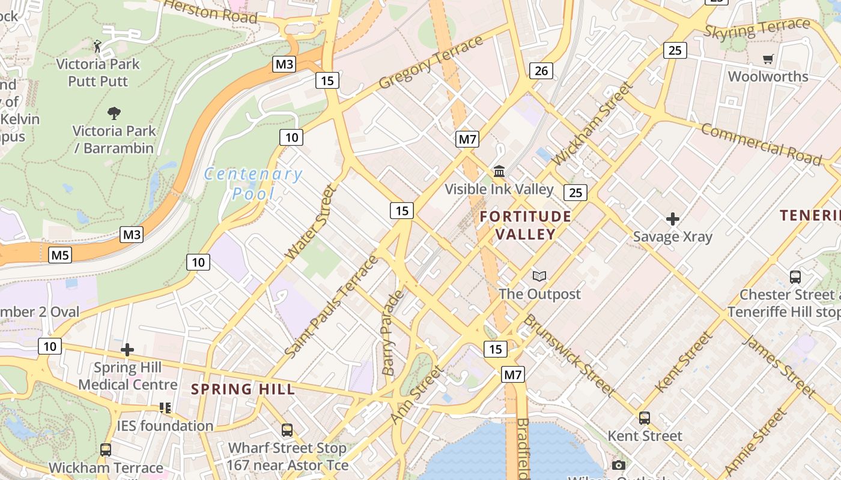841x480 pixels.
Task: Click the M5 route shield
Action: pos(60,255)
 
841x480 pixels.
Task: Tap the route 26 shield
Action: pos(541,71)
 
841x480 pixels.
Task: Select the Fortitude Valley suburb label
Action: pos(526,225)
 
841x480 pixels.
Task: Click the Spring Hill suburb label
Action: pos(243,389)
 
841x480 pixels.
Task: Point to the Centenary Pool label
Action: pos(253,184)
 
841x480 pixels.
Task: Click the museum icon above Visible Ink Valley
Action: pos(499,172)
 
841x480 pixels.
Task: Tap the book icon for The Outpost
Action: pos(539,276)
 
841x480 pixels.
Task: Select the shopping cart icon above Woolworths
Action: pos(768,59)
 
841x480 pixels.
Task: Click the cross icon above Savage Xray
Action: pos(672,219)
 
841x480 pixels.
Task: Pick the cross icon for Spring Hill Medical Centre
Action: pos(127,350)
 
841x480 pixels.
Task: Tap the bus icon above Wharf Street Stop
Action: pos(287,430)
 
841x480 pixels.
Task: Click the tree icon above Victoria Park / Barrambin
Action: pos(114,113)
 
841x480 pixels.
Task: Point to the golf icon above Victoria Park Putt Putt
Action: pos(97,46)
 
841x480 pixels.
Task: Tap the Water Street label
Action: pos(310,223)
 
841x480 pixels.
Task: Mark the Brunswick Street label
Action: pos(568,355)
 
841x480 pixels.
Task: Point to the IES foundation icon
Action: pos(165,408)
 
